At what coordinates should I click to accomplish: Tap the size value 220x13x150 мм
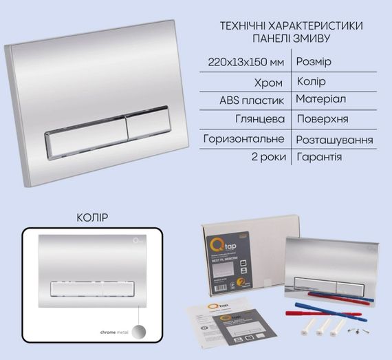click(246, 62)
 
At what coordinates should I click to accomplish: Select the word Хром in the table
click(268, 81)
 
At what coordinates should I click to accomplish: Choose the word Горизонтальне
click(244, 138)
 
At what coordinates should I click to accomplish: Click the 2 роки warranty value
click(265, 158)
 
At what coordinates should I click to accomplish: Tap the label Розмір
click(313, 62)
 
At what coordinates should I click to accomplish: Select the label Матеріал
click(321, 100)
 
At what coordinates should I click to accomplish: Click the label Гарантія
click(319, 158)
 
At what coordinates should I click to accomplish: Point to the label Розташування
click(334, 139)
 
